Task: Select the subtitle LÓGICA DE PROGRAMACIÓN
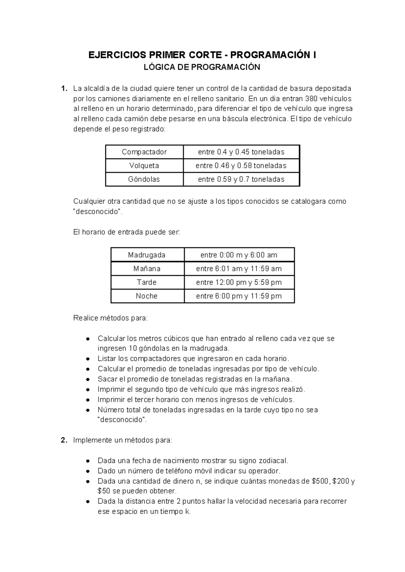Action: (x=202, y=67)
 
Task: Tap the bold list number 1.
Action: (x=63, y=89)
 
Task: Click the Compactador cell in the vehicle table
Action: (x=144, y=152)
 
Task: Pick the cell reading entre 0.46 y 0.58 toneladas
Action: (x=241, y=166)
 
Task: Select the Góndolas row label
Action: (x=144, y=179)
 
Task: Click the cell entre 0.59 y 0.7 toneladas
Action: (x=241, y=179)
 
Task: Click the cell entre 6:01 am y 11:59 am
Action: (x=239, y=269)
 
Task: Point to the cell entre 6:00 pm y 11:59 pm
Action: (x=239, y=296)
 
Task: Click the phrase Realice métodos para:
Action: (x=110, y=318)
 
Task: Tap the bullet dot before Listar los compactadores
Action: (x=87, y=359)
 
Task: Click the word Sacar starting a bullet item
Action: (x=107, y=379)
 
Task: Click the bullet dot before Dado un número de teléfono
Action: (x=87, y=471)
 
